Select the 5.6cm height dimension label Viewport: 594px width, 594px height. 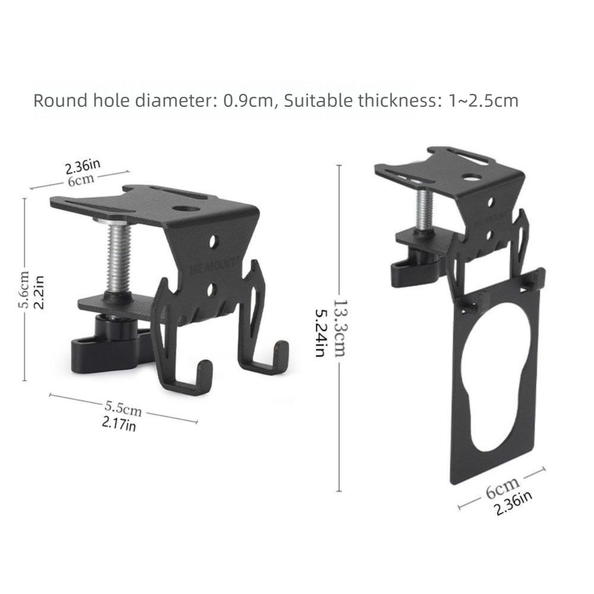click(x=24, y=289)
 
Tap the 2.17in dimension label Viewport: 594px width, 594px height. click(x=119, y=424)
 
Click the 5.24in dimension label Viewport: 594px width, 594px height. click(x=321, y=333)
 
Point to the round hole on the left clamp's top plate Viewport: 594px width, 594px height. click(x=184, y=209)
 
